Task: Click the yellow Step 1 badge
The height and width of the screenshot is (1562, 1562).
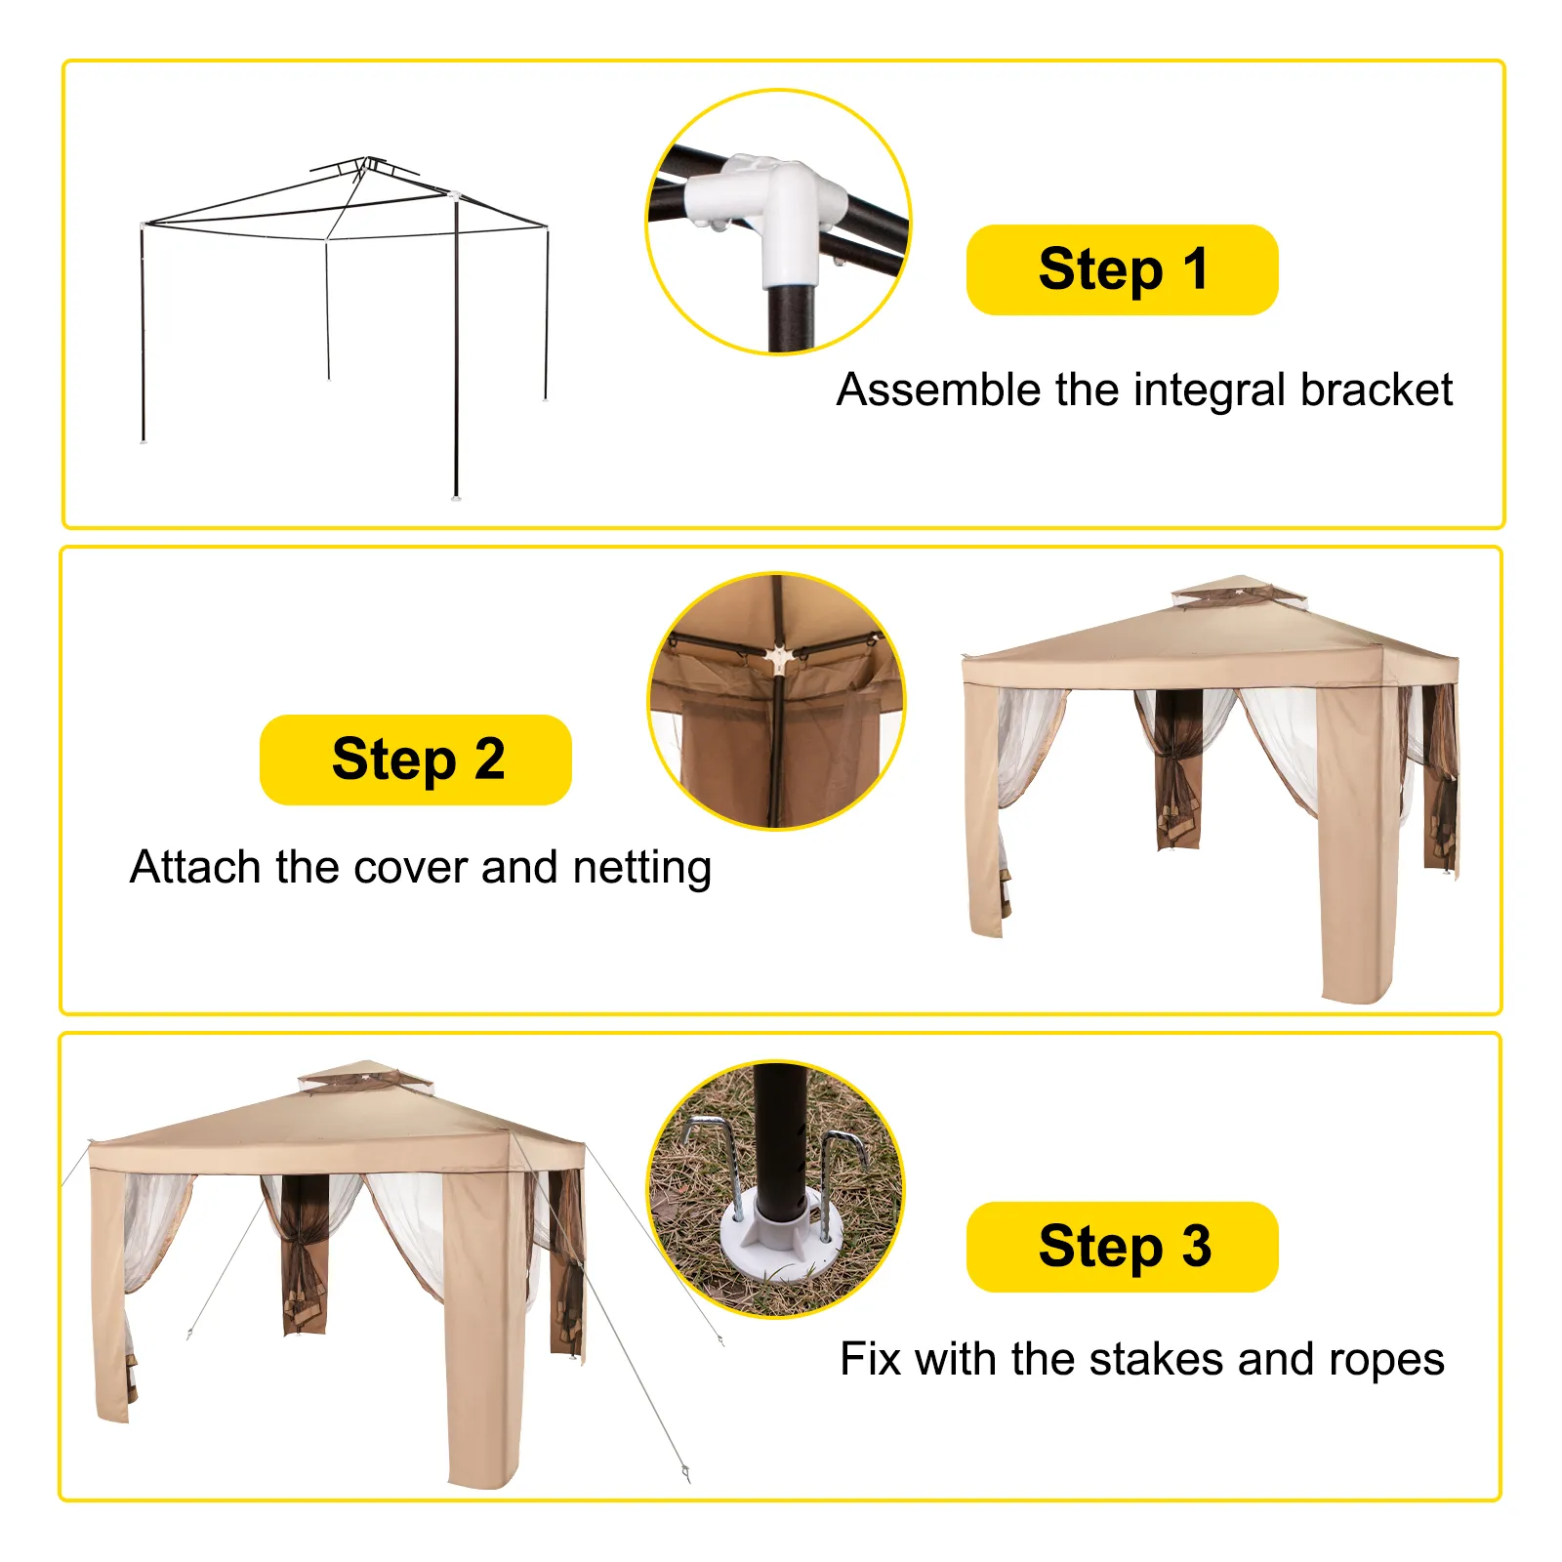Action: click(1122, 269)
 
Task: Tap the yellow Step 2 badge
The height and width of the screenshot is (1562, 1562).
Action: click(416, 760)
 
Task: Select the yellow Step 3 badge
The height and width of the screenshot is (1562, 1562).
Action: click(1122, 1247)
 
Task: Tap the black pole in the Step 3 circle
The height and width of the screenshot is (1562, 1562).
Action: click(777, 1132)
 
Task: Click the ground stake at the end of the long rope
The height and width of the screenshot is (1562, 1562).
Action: click(686, 1471)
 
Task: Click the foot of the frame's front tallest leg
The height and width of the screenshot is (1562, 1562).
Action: click(456, 496)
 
